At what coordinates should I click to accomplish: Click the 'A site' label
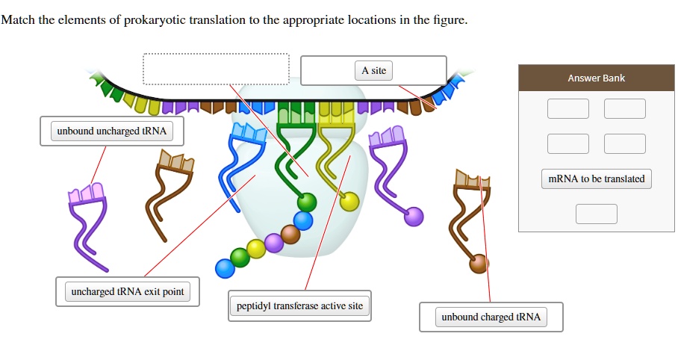coord(373,71)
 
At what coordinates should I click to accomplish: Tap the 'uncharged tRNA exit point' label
coord(128,291)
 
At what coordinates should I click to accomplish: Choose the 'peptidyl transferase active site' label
coord(299,305)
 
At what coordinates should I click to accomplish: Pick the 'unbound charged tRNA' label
coord(491,317)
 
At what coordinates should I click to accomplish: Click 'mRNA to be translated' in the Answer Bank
coord(596,179)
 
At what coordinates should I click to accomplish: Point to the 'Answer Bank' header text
coord(596,78)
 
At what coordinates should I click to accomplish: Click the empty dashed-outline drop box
coord(216,69)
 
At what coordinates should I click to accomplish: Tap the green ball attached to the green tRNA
coord(307,202)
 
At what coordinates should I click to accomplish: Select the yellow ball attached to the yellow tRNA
coord(349,201)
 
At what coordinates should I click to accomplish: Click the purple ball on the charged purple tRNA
coord(414,217)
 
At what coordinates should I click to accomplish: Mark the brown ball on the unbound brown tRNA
coord(479,263)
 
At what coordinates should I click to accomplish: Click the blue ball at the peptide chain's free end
coord(224,267)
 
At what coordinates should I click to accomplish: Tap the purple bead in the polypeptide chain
coord(274,242)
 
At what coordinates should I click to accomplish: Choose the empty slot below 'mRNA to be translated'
coord(596,214)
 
